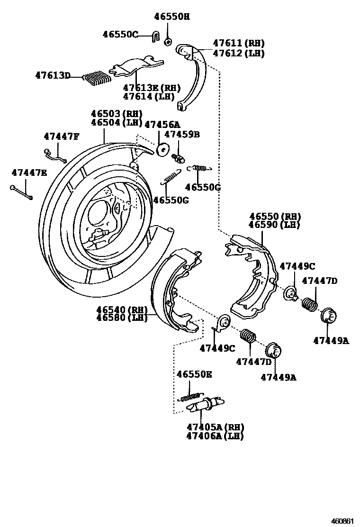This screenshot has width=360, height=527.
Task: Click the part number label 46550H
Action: click(x=171, y=17)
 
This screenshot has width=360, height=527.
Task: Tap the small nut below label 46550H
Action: click(x=168, y=42)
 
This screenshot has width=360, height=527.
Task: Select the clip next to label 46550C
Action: click(x=155, y=35)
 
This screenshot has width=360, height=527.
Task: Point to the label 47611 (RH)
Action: click(x=239, y=43)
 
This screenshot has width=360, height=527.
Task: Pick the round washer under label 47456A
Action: click(x=162, y=149)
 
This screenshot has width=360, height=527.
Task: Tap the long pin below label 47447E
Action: click(x=21, y=192)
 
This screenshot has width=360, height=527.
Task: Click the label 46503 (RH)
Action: click(x=117, y=114)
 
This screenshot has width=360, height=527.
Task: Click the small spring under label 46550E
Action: click(x=190, y=397)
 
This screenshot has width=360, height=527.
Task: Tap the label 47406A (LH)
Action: click(x=215, y=436)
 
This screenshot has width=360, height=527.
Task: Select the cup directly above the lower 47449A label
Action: click(x=273, y=351)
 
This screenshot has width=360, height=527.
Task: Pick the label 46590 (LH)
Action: click(x=274, y=225)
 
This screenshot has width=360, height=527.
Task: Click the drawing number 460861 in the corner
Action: click(x=342, y=521)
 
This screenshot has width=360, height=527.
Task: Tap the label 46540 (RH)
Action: click(x=122, y=309)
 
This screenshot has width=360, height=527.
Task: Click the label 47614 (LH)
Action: click(x=149, y=97)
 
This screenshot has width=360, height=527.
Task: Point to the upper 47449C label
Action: click(x=297, y=266)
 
